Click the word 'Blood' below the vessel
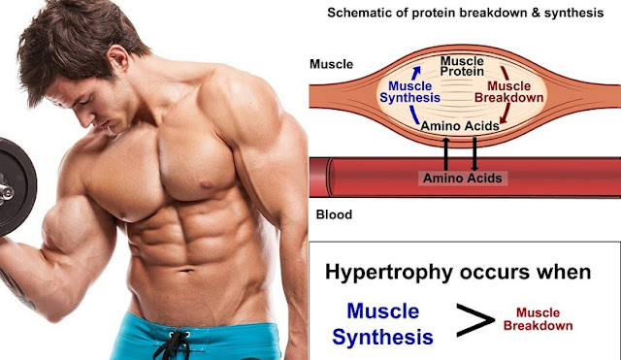(327, 215)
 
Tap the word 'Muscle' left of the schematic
(330, 65)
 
